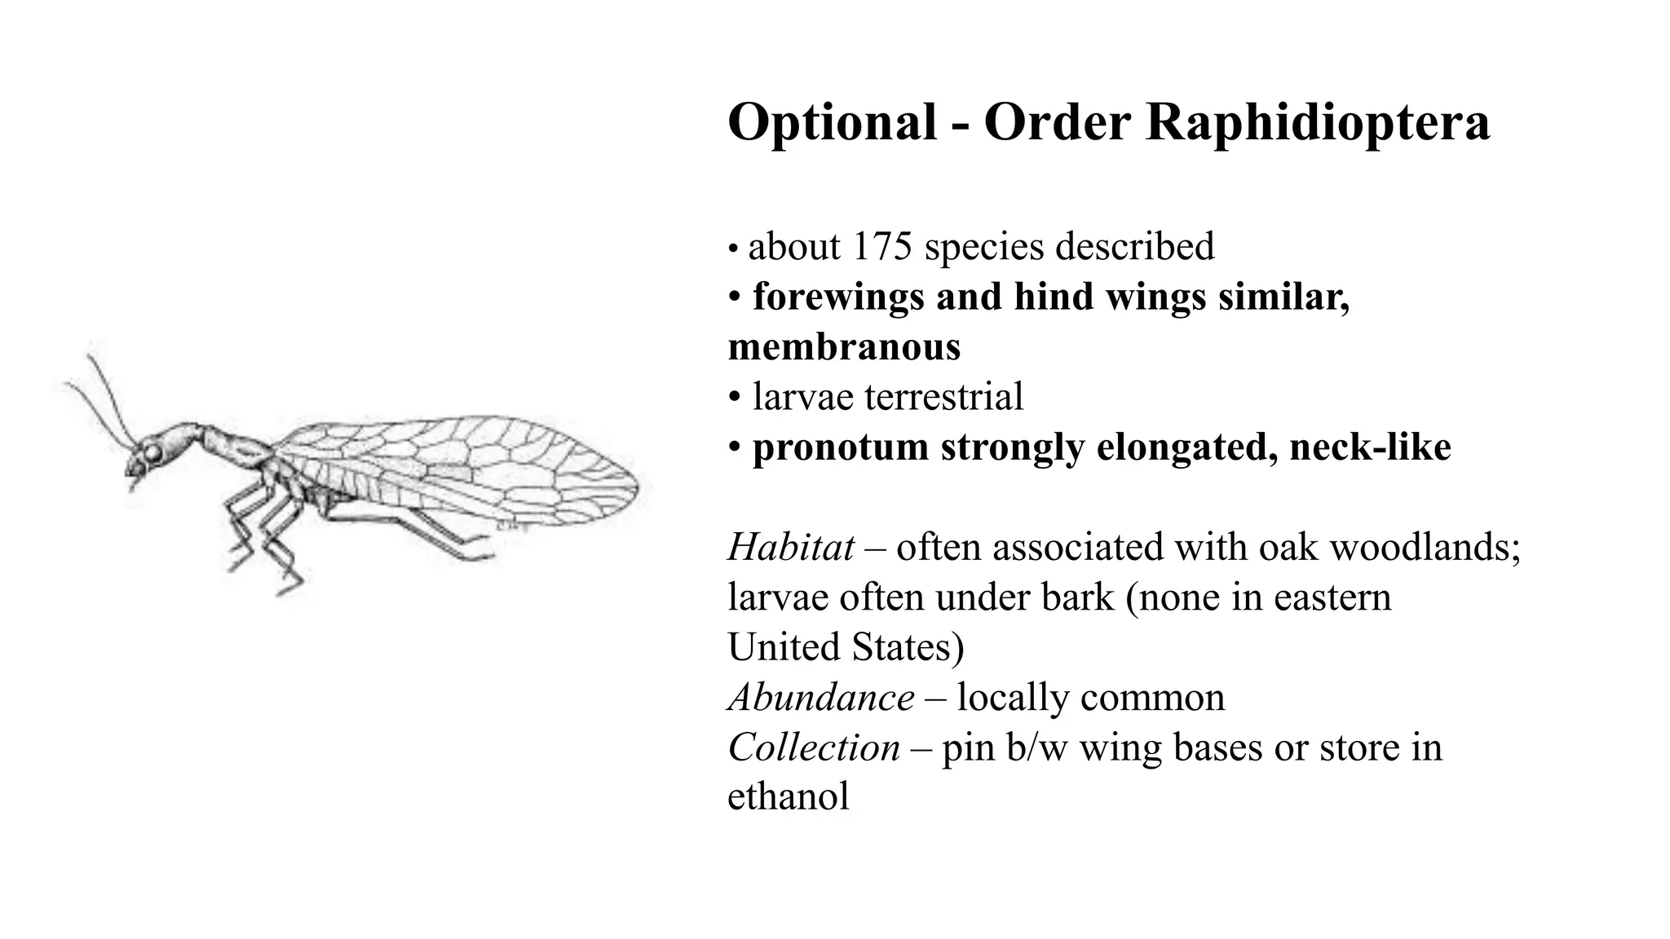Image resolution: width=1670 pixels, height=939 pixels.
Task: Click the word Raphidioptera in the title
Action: point(1318,123)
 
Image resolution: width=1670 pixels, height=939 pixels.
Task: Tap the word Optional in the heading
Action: point(832,123)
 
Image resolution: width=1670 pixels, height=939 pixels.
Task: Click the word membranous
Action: point(844,346)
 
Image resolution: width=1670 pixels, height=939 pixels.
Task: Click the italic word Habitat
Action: point(790,547)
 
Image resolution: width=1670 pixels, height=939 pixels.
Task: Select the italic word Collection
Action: point(814,747)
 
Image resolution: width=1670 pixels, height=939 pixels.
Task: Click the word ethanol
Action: point(788,796)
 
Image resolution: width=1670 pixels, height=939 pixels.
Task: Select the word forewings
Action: point(837,297)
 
